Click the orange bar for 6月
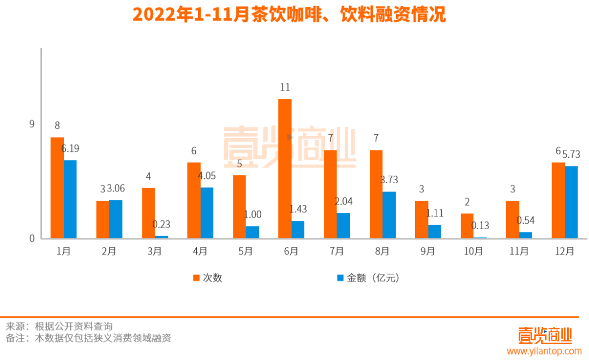(x=285, y=169)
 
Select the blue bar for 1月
(x=70, y=199)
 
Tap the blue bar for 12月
(x=571, y=202)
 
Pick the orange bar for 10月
(x=467, y=226)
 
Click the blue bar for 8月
(x=389, y=215)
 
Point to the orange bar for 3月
(x=148, y=213)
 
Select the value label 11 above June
(x=285, y=87)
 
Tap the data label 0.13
(x=480, y=226)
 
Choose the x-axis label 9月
(x=428, y=251)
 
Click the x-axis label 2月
(x=109, y=251)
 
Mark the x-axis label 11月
(x=519, y=251)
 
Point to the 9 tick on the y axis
(x=32, y=124)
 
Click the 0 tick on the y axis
(x=32, y=238)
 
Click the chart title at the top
(x=289, y=15)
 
